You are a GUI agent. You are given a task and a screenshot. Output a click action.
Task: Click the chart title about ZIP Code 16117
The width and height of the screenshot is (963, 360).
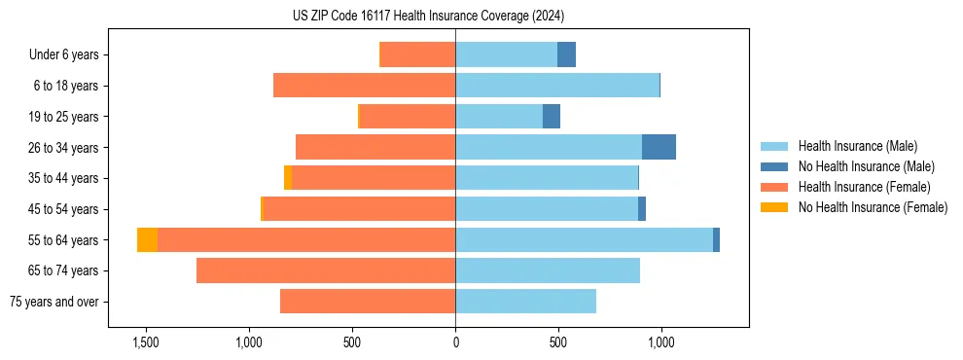(x=428, y=16)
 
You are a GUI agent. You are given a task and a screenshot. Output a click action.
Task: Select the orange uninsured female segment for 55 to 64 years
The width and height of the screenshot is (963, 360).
(x=147, y=240)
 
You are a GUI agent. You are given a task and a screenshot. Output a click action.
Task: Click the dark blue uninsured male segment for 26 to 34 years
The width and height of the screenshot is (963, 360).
(x=659, y=147)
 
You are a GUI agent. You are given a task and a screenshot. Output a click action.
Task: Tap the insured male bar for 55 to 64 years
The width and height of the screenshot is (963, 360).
(x=584, y=240)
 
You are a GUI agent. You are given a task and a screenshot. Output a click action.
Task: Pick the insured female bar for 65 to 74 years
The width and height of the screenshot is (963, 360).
(x=326, y=270)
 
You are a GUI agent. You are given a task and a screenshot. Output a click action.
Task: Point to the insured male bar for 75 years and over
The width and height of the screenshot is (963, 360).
(x=525, y=302)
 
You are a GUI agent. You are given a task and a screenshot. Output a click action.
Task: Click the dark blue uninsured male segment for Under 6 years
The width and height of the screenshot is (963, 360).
(x=566, y=54)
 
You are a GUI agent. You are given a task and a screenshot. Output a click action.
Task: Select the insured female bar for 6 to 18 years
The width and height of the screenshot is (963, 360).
(x=364, y=86)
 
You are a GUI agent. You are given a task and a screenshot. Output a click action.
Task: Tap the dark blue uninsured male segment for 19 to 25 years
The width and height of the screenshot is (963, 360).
(x=552, y=117)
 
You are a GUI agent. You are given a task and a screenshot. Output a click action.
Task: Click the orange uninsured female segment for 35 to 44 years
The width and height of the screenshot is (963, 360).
(x=288, y=178)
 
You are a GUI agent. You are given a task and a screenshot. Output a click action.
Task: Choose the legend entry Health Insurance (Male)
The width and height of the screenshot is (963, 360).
(x=857, y=147)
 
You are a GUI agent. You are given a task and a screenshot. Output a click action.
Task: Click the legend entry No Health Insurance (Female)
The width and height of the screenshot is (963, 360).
(x=873, y=207)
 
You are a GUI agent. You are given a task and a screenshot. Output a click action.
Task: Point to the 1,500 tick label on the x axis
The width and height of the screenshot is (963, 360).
(x=146, y=342)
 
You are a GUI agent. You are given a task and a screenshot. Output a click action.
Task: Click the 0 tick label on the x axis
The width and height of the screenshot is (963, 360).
(x=455, y=342)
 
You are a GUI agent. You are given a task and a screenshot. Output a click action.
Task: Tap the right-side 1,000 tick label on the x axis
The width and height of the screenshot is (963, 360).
(x=661, y=342)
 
